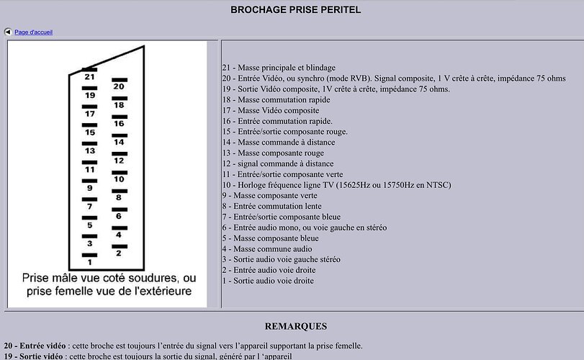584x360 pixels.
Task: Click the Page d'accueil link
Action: pos(33,32)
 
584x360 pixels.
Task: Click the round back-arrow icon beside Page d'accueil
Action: pos(8,32)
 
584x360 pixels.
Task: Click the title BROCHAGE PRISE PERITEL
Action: pos(295,10)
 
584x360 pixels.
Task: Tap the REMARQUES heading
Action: pos(295,326)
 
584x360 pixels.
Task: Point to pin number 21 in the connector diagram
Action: pos(89,76)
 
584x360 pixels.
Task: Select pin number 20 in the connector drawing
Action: pos(119,86)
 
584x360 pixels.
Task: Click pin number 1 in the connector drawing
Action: pos(89,263)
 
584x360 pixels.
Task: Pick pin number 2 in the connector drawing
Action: pos(119,253)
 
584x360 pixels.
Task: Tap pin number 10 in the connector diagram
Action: pos(119,179)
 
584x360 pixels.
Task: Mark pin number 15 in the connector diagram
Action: pos(89,132)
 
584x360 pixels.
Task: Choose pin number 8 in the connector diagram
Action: pos(119,197)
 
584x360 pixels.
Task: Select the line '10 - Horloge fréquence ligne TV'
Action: pos(336,185)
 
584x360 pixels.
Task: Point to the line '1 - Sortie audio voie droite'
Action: pos(268,281)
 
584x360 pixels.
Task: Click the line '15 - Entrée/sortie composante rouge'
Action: pos(284,132)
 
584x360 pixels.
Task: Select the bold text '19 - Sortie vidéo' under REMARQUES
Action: pos(33,356)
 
